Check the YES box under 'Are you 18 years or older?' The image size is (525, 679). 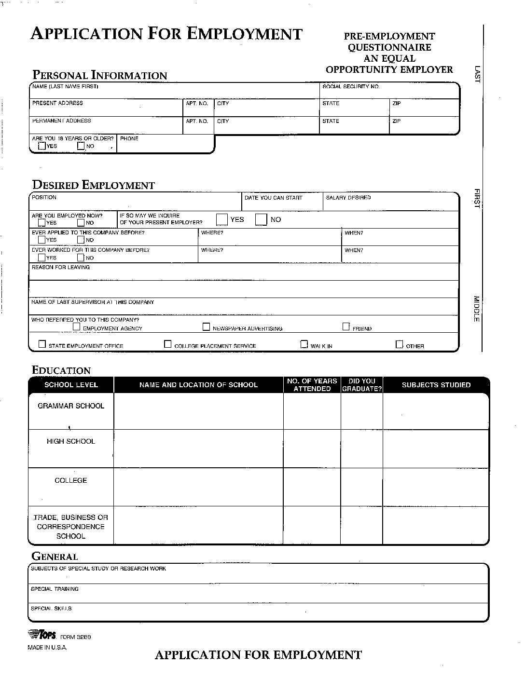pyautogui.click(x=42, y=146)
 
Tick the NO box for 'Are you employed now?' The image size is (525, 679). pyautogui.click(x=81, y=223)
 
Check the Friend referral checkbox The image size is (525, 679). pyautogui.click(x=346, y=327)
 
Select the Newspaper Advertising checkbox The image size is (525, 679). pyautogui.click(x=207, y=327)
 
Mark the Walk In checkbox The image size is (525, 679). pyautogui.click(x=304, y=344)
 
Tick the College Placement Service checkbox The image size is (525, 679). pyautogui.click(x=168, y=344)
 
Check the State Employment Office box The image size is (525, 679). pyautogui.click(x=42, y=344)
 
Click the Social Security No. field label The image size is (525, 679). pyautogui.click(x=351, y=87)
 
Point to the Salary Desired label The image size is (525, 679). pyautogui.click(x=348, y=198)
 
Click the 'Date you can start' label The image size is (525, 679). pyautogui.click(x=273, y=198)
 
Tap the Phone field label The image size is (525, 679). pyautogui.click(x=129, y=139)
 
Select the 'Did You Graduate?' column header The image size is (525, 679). pyautogui.click(x=361, y=385)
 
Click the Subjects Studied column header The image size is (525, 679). pyautogui.click(x=436, y=385)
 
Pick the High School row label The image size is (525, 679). pyautogui.click(x=70, y=441)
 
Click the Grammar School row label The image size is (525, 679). pyautogui.click(x=70, y=406)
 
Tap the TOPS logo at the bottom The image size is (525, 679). pyautogui.click(x=42, y=635)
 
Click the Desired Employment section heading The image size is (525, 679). pyautogui.click(x=93, y=185)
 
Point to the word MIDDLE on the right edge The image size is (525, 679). pyautogui.click(x=476, y=309)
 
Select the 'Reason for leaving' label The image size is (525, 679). pyautogui.click(x=61, y=267)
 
